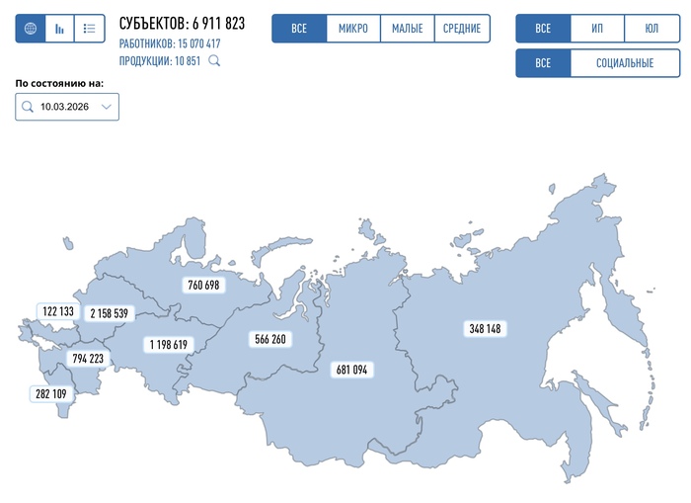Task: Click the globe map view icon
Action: coord(30,29)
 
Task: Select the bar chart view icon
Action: coord(59,29)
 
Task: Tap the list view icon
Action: coord(89,29)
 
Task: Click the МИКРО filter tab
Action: coord(352,29)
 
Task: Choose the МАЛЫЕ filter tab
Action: coord(407,29)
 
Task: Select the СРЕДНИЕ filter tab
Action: coord(462,29)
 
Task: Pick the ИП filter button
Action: coord(597,29)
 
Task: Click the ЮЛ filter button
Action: coord(652,29)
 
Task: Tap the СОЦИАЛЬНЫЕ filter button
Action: coord(625,63)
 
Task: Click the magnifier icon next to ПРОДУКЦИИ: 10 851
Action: coord(213,61)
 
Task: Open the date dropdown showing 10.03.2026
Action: coord(67,107)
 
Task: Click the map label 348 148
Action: coord(485,328)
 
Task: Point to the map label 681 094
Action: coord(351,370)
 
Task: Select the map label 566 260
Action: coord(269,339)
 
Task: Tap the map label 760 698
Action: coord(203,285)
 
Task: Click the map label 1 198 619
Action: coord(169,345)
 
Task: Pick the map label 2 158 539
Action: coord(109,313)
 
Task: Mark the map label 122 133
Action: coord(58,311)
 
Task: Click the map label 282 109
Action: coord(51,393)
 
